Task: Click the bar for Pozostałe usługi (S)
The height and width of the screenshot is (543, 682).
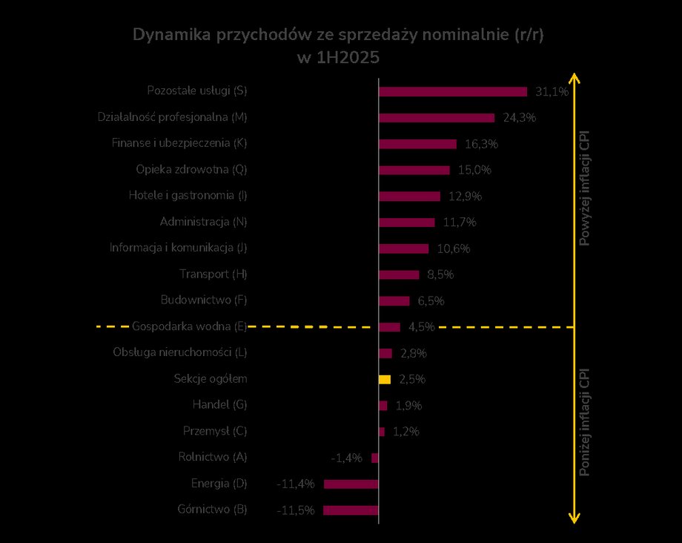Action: (453, 91)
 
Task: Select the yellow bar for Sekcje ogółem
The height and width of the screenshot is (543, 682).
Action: (385, 379)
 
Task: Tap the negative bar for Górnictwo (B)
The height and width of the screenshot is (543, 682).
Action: (351, 510)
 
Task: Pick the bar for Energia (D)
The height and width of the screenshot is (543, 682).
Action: (351, 484)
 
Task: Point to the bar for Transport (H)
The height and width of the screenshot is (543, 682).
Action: (399, 274)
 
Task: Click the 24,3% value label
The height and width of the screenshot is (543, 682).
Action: (518, 117)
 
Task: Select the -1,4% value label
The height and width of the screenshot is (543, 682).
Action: (347, 458)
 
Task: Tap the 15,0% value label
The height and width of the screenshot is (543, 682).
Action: (474, 170)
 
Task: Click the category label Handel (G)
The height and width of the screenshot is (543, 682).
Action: (219, 405)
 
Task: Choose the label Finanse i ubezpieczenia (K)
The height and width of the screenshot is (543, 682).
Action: (179, 143)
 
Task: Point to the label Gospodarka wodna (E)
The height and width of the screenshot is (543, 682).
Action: (189, 326)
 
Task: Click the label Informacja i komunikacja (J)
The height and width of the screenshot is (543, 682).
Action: (179, 248)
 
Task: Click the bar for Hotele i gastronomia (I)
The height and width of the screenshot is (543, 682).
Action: (409, 196)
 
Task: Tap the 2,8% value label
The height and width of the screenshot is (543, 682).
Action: (413, 353)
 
